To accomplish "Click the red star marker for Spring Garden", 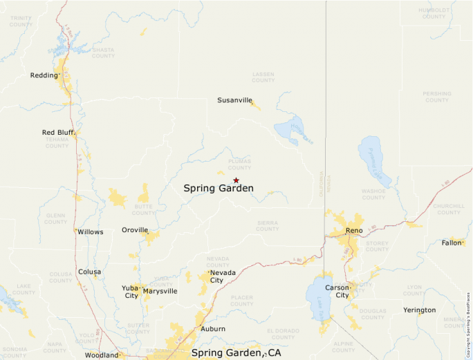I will point(236,180).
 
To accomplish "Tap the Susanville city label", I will point(234,100).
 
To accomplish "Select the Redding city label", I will point(44,75).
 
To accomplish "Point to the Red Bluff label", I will point(57,133).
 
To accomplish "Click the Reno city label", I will point(354,230).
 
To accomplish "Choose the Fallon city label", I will point(452,243).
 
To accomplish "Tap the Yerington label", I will point(420,310).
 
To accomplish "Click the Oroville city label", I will point(135,230).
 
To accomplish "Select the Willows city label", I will point(91,232).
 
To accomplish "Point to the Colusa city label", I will point(89,272).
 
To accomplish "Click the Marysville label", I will point(160,292).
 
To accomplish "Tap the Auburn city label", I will point(213,329).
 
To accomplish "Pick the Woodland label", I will point(102,355).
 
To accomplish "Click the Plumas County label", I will point(239,164).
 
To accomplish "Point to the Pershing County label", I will point(437,97).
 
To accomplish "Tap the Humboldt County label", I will point(434,13).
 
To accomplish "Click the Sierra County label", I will point(268,226).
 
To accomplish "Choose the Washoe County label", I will point(373,194).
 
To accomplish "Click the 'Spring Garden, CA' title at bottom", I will point(236,353).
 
